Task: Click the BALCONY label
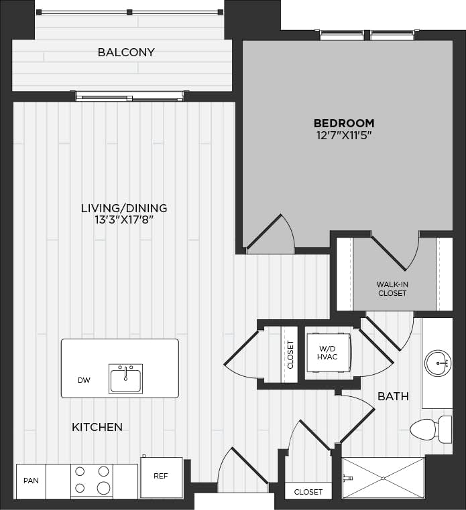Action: click(x=126, y=52)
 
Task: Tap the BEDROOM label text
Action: click(x=344, y=123)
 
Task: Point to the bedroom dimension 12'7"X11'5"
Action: click(x=344, y=135)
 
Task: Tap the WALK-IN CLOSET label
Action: click(x=392, y=288)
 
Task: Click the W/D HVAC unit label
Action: click(x=327, y=352)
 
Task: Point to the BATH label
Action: click(x=393, y=397)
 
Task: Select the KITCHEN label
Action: click(x=97, y=427)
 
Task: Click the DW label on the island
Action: click(x=84, y=380)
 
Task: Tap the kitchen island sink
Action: click(x=126, y=379)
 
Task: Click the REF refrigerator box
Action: click(x=161, y=477)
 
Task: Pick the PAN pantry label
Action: click(x=31, y=481)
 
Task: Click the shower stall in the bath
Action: click(x=383, y=478)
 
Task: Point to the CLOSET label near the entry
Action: click(x=308, y=492)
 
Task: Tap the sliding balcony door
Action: click(x=129, y=96)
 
